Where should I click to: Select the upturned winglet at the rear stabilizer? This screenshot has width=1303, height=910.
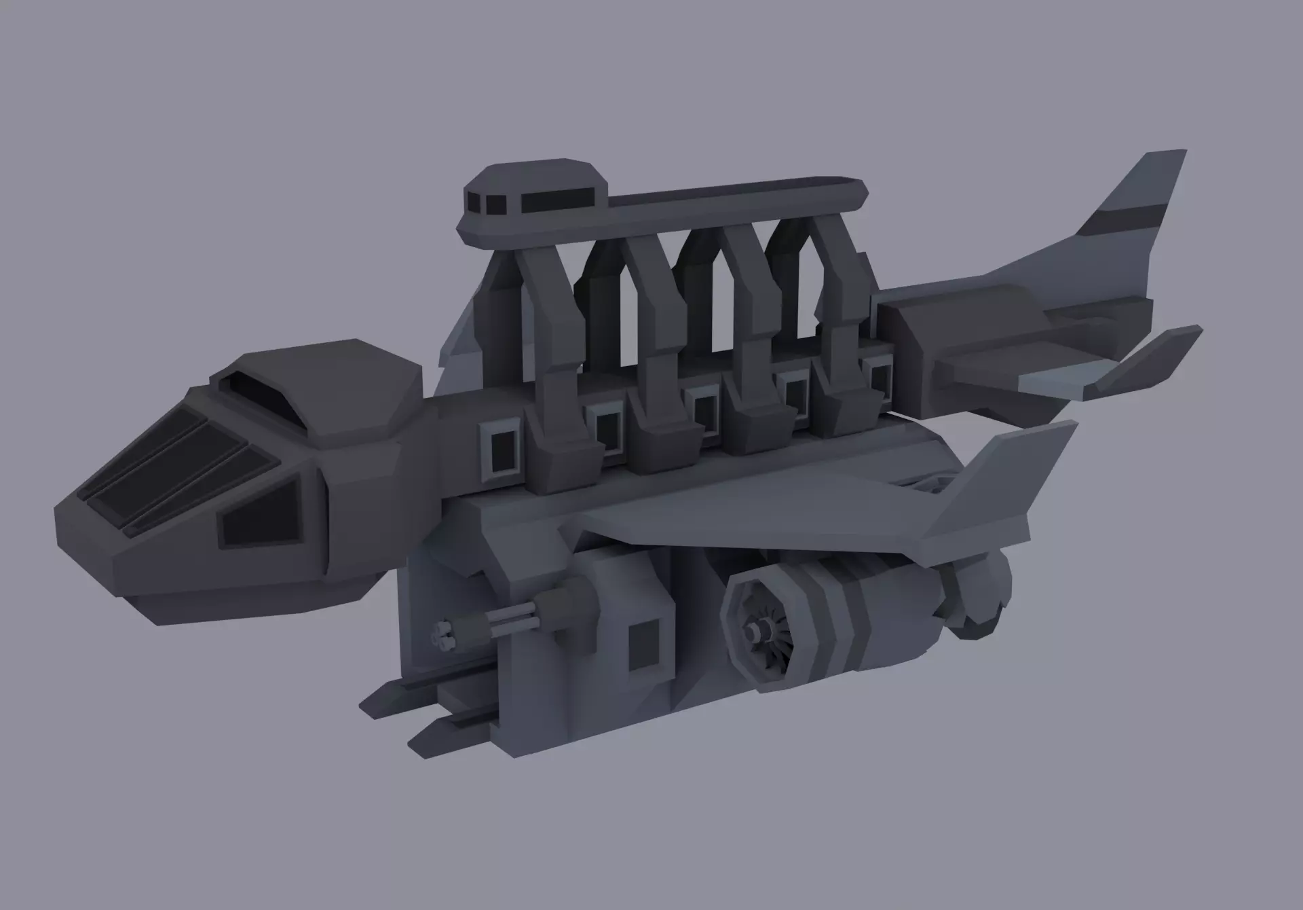click(1147, 360)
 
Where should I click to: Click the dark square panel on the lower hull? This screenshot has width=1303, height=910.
click(645, 645)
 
